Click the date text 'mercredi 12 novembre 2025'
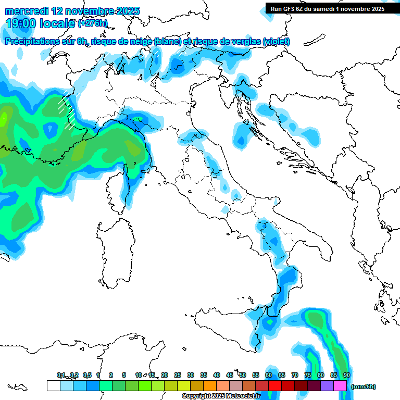pyautogui.click(x=72, y=11)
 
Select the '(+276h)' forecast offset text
pyautogui.click(x=93, y=23)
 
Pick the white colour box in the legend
pyautogui.click(x=53, y=386)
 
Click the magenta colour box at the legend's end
pyautogui.click(x=340, y=386)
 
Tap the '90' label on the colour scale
pyautogui.click(x=346, y=375)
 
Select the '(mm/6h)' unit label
pyautogui.click(x=363, y=386)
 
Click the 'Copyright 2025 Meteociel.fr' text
pyautogui.click(x=221, y=396)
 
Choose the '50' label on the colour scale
pyautogui.click(x=243, y=375)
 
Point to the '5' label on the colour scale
pyautogui.click(x=124, y=375)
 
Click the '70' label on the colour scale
pyautogui.click(x=295, y=375)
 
